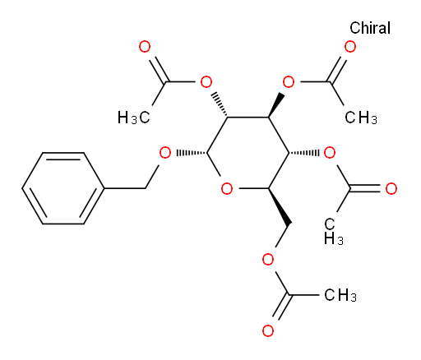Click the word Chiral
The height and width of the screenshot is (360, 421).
click(x=370, y=28)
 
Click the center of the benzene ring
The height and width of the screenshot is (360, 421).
click(x=63, y=188)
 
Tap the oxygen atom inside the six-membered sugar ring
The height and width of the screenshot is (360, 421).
click(x=227, y=189)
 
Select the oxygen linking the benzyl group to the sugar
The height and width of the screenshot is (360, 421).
click(x=165, y=153)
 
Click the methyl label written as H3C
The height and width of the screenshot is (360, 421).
click(x=134, y=118)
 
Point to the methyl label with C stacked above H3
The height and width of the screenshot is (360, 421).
click(x=333, y=232)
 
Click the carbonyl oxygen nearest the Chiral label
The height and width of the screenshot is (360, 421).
click(x=350, y=47)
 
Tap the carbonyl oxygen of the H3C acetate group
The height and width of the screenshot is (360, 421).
click(x=145, y=47)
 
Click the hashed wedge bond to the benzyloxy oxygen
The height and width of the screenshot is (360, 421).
click(x=192, y=153)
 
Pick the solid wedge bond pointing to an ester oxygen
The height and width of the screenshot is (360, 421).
click(x=275, y=105)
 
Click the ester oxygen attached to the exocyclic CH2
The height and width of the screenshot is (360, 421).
click(x=268, y=260)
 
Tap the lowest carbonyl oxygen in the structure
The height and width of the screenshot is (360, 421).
click(x=268, y=330)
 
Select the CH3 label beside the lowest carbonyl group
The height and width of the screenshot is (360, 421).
click(x=340, y=295)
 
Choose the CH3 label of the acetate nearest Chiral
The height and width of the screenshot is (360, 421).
click(x=361, y=118)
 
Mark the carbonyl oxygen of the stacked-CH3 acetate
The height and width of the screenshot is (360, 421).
click(x=391, y=189)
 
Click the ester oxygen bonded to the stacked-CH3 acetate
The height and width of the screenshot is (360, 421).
click(x=330, y=153)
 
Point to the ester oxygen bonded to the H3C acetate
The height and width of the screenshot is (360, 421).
click(x=206, y=82)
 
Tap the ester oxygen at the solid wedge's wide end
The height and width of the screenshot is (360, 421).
click(x=289, y=82)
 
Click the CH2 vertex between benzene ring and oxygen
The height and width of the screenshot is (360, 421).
click(x=146, y=188)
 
